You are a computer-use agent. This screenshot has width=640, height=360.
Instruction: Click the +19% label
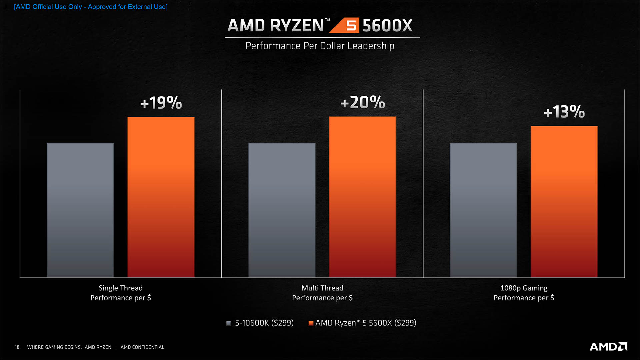click(161, 103)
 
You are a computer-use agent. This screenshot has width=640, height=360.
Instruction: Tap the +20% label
click(363, 102)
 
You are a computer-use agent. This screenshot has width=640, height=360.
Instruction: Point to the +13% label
click(564, 112)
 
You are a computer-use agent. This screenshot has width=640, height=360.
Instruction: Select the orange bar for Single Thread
click(161, 197)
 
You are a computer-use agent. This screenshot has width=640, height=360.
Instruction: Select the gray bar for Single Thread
click(80, 210)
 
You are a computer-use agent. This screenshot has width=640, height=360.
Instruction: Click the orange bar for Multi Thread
click(362, 197)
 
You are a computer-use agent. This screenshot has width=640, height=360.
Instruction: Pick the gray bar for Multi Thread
click(282, 210)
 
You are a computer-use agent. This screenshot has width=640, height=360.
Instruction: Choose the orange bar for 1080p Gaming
click(564, 201)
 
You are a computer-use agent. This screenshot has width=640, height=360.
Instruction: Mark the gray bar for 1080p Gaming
click(483, 210)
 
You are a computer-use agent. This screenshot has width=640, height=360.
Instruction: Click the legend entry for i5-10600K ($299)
click(260, 323)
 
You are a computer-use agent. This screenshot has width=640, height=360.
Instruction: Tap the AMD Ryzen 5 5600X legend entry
click(363, 323)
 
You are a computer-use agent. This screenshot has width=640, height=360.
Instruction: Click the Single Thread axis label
click(121, 293)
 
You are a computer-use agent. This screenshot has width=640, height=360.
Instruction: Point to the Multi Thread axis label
click(322, 293)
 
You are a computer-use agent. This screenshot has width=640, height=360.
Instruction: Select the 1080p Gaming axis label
click(524, 293)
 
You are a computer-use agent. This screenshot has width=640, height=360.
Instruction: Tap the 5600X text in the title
click(387, 26)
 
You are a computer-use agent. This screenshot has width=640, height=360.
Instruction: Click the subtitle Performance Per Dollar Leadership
click(320, 46)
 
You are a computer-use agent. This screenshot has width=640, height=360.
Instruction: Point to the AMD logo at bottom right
click(608, 347)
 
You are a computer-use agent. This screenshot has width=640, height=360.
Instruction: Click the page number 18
click(17, 347)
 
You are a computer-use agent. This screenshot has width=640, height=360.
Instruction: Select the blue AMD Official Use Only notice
click(91, 7)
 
